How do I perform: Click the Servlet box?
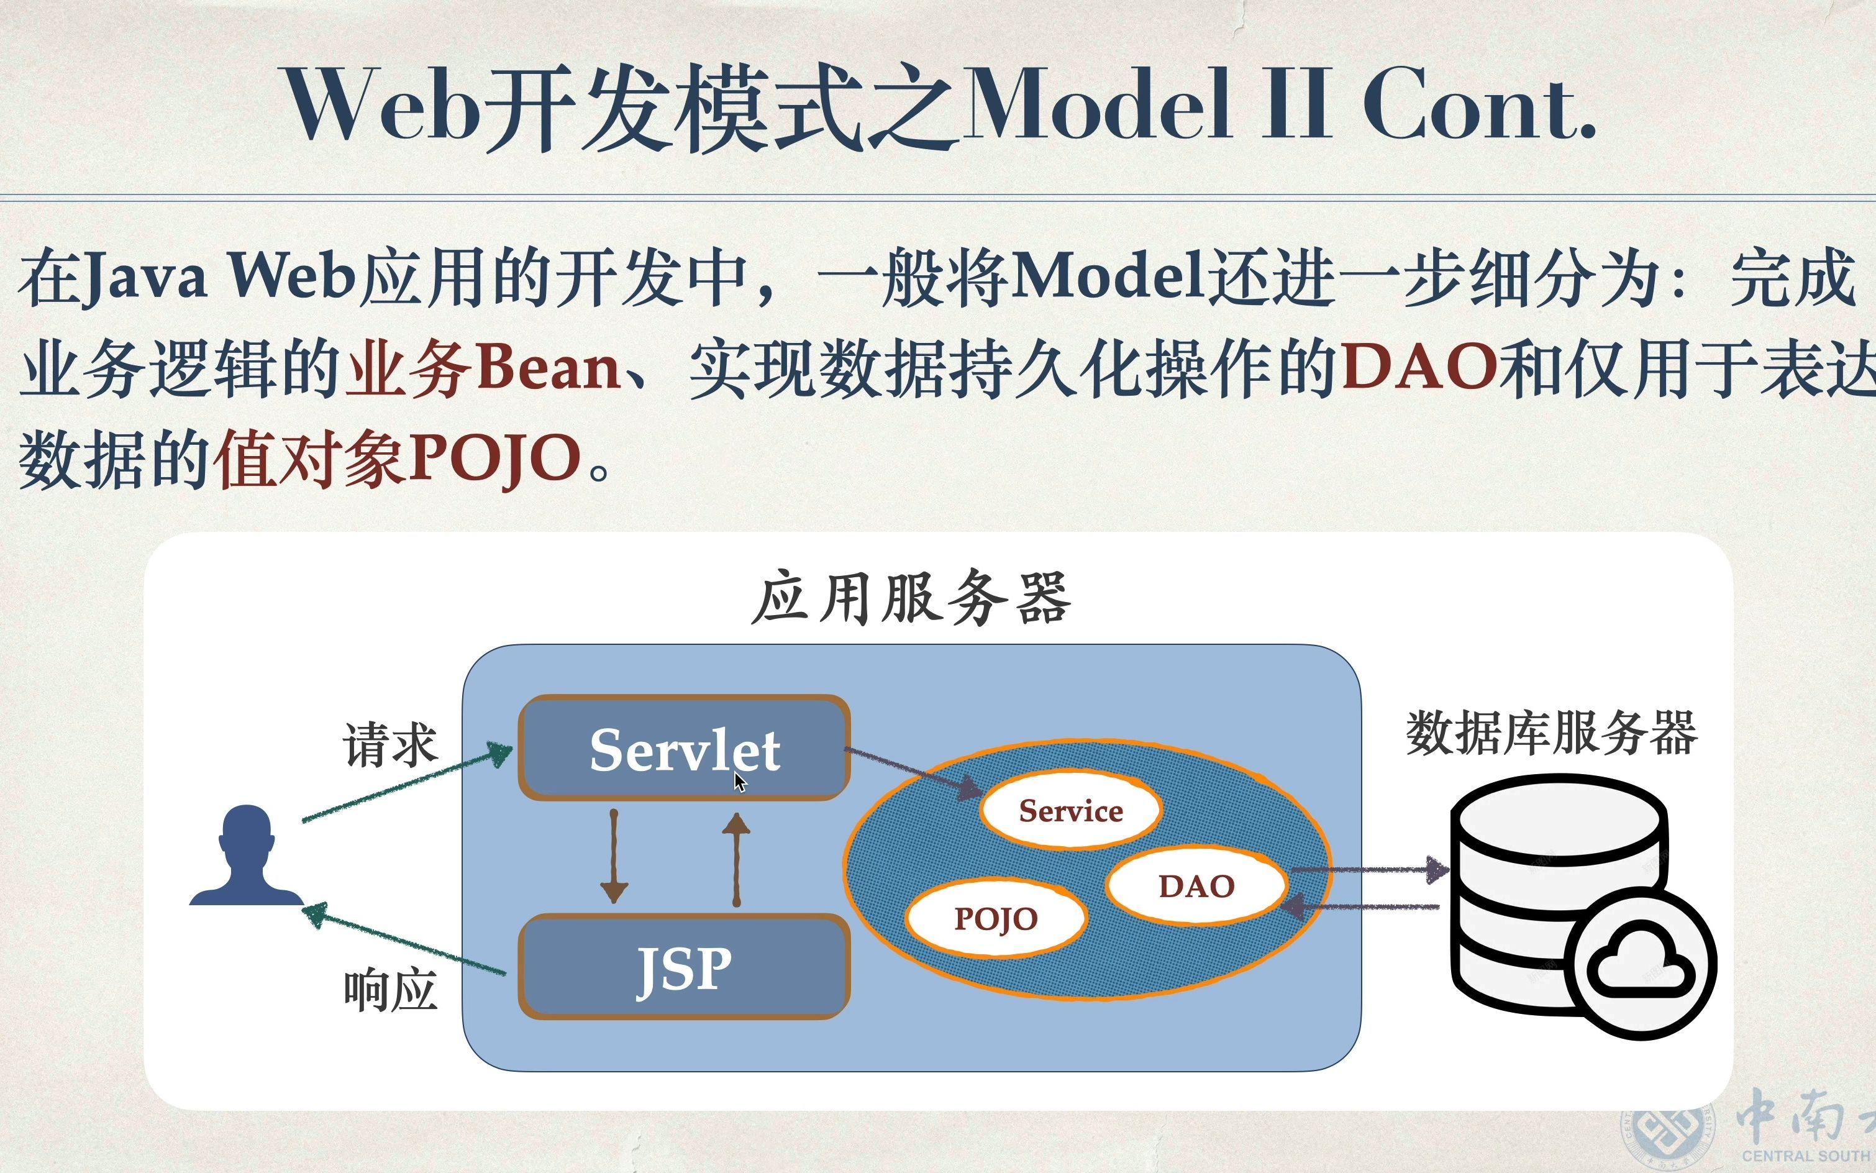click(x=684, y=747)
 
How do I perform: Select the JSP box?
click(x=684, y=967)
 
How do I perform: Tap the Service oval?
click(x=1070, y=811)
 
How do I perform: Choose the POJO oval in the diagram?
click(x=996, y=918)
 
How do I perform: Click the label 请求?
click(x=390, y=745)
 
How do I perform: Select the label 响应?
click(x=390, y=991)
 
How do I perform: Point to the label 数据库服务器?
click(x=1551, y=733)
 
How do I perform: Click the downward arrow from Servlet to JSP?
click(x=614, y=857)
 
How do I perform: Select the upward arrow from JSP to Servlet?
click(x=736, y=860)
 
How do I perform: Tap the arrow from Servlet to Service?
click(x=914, y=773)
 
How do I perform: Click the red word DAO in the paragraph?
click(x=1418, y=365)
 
